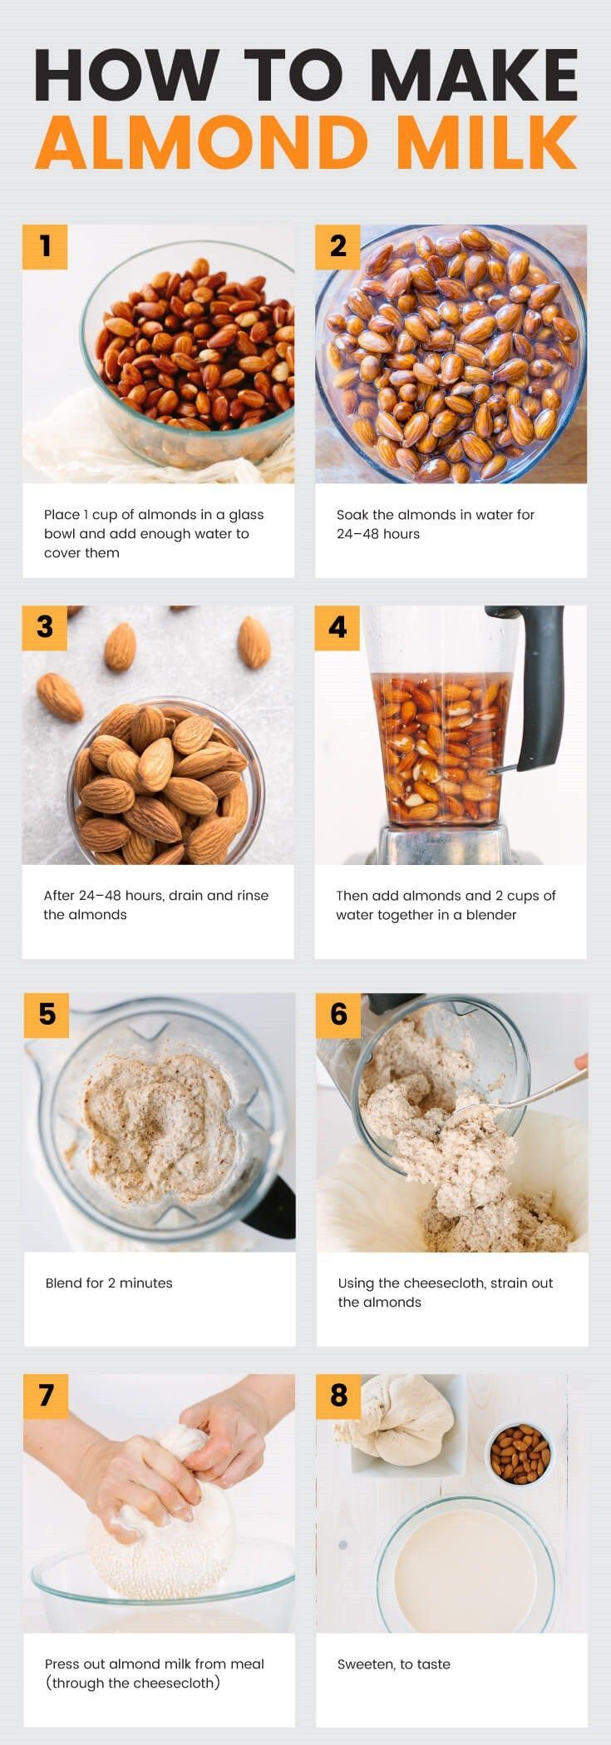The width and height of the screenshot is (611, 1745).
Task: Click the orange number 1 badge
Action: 44,246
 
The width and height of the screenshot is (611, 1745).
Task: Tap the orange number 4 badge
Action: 337,627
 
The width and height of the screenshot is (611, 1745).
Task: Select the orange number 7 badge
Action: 47,1395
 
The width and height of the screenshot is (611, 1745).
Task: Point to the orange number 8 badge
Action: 338,1395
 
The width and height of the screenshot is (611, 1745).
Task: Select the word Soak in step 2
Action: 352,514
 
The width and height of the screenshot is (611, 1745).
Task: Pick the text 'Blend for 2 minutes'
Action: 109,1283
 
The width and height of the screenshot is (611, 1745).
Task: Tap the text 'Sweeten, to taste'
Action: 394,1663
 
